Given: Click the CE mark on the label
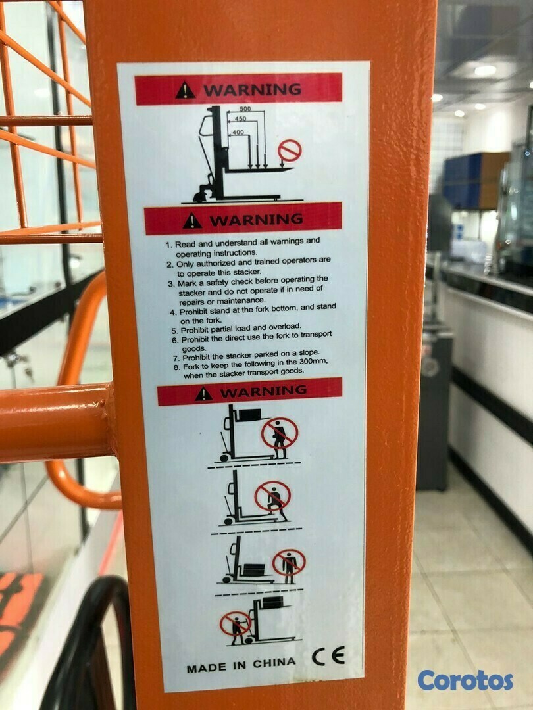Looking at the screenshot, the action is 328,655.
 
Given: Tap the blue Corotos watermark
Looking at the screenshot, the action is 465,680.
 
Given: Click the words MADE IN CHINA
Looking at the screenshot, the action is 241,665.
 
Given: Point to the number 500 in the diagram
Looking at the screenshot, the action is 245,108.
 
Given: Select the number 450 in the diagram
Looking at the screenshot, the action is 241,119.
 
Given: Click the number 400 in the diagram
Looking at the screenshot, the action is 238,132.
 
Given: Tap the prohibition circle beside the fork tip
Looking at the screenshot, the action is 290,151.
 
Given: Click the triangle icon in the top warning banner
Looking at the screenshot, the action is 186,91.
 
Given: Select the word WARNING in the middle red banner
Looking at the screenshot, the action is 256,220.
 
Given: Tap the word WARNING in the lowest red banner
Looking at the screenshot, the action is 263,391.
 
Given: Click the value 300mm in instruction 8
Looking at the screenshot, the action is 313,362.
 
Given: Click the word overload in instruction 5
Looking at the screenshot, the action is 285,327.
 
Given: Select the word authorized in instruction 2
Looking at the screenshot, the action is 216,262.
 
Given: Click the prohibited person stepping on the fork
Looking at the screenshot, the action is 273,500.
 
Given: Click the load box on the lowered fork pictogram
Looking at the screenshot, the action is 254,569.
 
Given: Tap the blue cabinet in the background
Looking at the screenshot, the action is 475,180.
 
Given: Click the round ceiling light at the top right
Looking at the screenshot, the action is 485,70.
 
